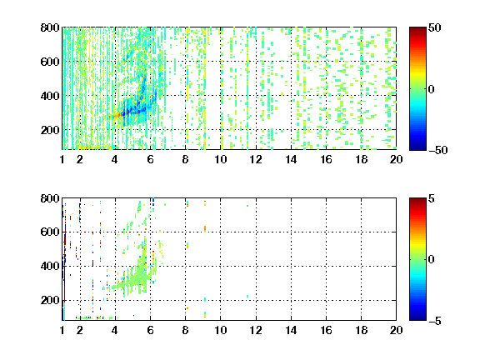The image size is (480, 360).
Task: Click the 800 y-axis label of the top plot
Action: (50, 27)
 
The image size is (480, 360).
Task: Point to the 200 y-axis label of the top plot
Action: (50, 130)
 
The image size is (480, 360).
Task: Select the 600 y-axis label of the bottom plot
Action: (50, 232)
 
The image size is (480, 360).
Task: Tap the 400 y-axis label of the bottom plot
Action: (50, 266)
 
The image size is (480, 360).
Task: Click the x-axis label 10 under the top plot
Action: (220, 159)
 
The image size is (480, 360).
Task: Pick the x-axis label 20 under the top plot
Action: (396, 159)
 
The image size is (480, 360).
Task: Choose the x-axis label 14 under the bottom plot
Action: (291, 330)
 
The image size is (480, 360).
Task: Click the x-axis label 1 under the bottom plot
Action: (62, 330)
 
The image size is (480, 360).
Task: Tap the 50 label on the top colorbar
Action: (434, 27)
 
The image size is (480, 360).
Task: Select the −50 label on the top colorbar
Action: (438, 150)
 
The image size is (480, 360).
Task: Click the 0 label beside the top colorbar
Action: (432, 89)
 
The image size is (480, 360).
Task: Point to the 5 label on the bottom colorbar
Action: (432, 198)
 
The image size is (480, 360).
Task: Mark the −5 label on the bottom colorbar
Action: (435, 321)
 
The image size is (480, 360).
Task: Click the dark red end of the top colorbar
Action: (417, 29)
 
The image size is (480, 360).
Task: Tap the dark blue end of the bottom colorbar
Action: (417, 318)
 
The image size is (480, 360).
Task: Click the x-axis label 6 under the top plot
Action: (150, 159)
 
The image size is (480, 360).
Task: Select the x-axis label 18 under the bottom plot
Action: (361, 330)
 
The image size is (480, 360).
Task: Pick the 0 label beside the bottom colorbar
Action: (432, 260)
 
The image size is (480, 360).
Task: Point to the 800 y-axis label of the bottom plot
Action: (50, 198)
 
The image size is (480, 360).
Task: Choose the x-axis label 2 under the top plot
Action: (80, 159)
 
